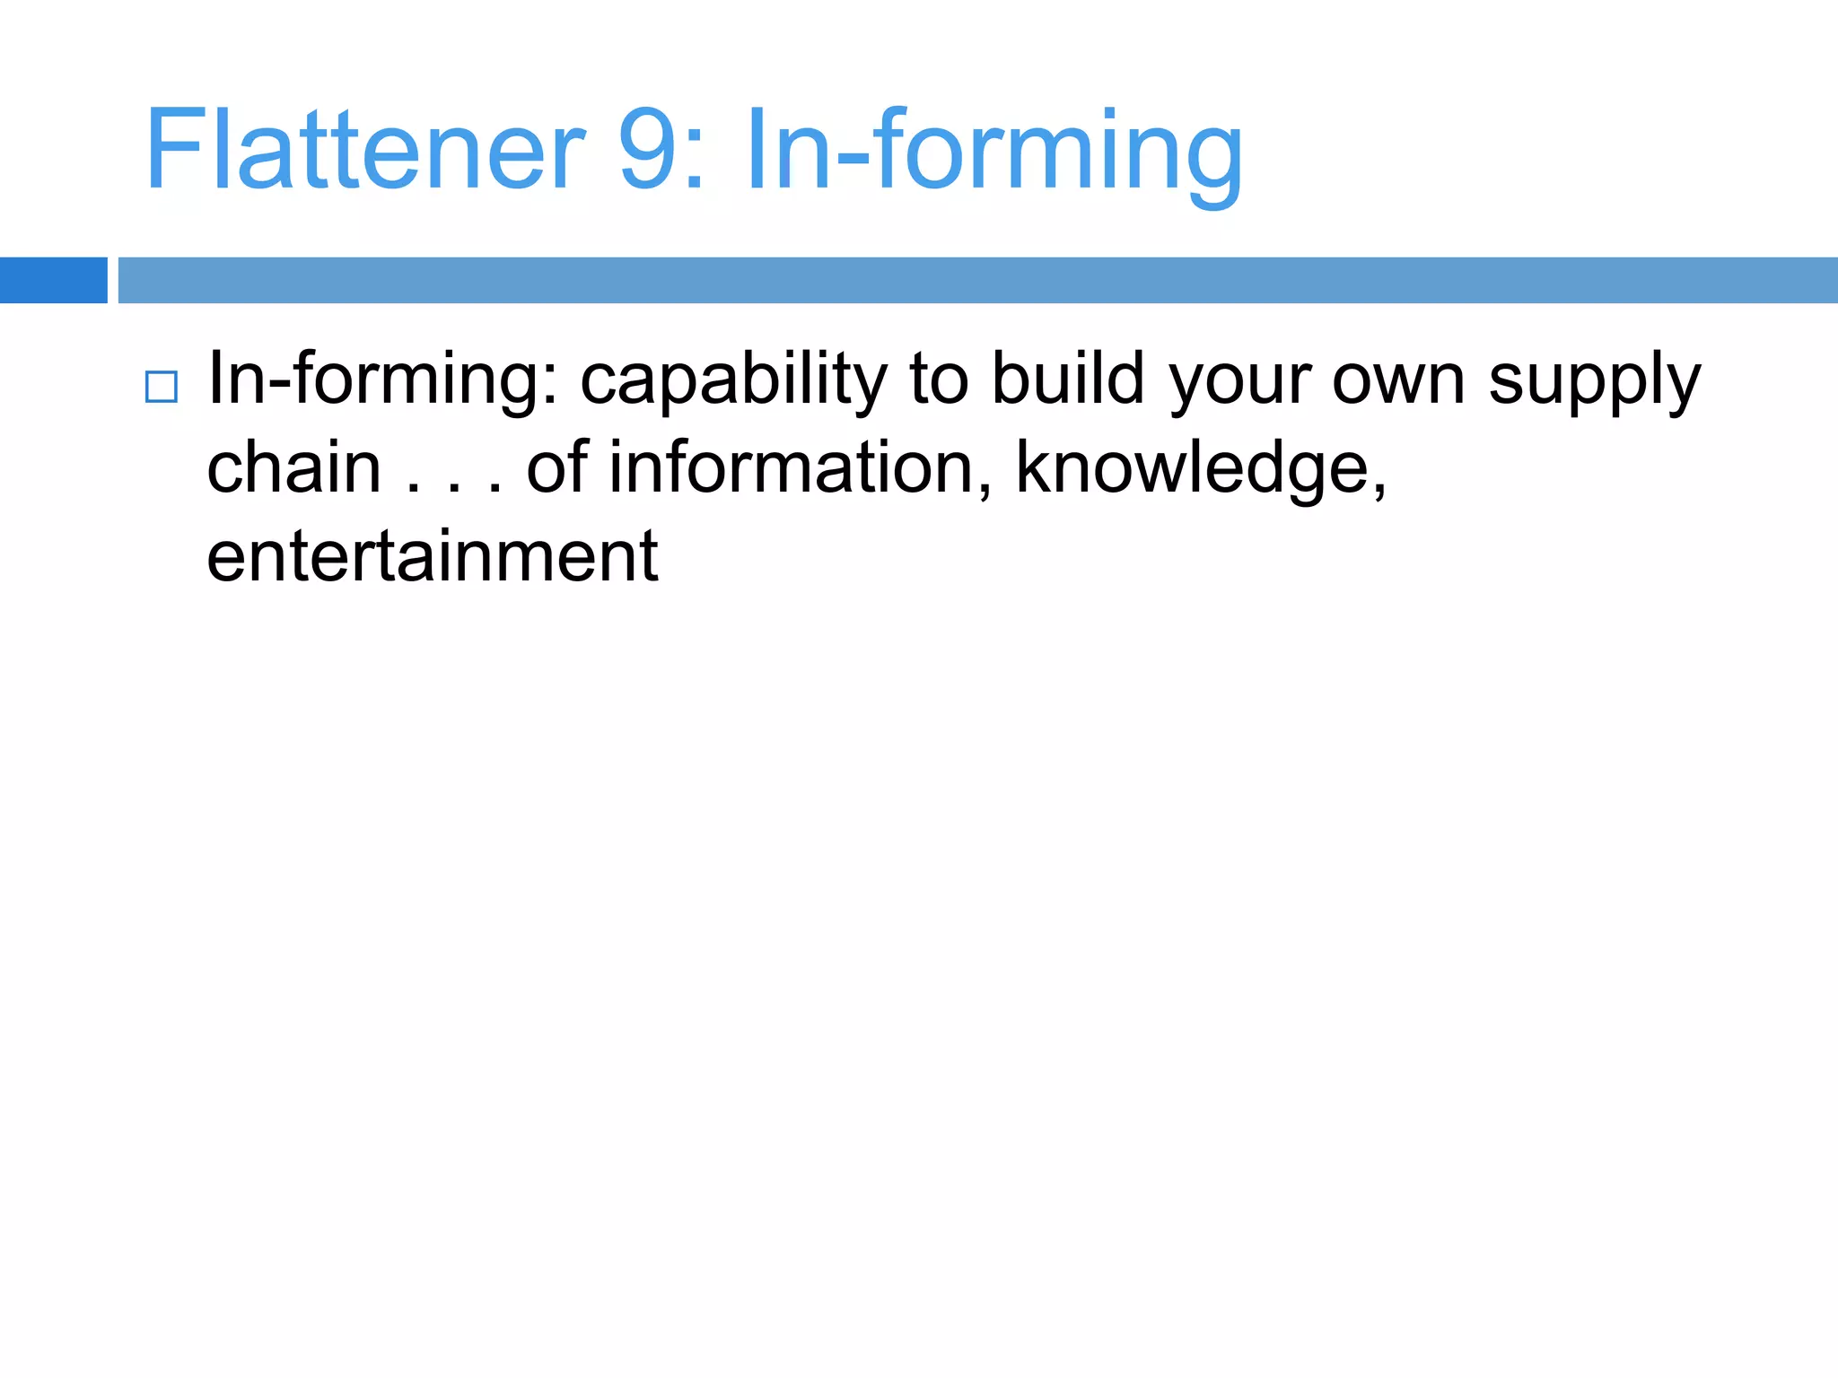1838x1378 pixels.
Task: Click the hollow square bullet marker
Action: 162,387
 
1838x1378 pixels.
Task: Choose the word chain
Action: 294,467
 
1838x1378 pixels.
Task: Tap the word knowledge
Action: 1201,469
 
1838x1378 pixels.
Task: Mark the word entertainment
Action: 433,556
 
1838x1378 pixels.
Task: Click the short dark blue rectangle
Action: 53,280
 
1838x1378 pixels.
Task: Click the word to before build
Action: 939,379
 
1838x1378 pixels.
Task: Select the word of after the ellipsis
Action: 556,467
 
